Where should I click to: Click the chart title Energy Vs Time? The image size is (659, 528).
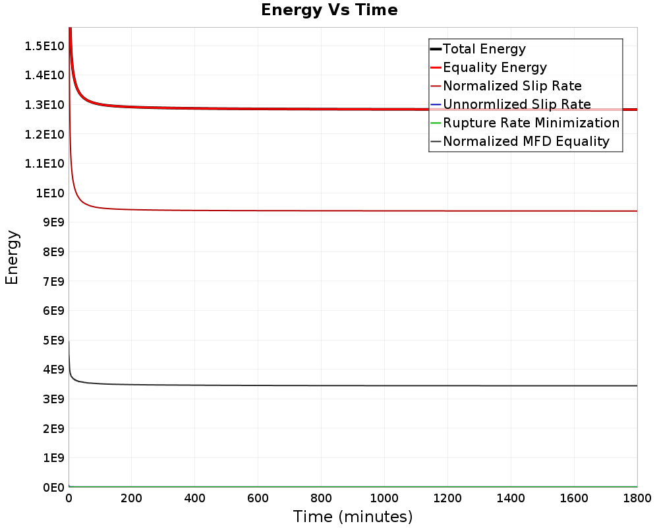(x=329, y=10)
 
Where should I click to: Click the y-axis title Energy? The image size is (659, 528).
(x=11, y=257)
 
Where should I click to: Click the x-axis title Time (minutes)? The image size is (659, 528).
(x=353, y=516)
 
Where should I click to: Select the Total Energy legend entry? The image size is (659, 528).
(x=484, y=49)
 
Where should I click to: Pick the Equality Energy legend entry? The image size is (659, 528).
(x=495, y=67)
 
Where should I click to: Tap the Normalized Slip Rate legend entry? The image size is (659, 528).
(x=512, y=86)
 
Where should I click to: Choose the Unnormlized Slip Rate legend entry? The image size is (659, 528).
(x=517, y=104)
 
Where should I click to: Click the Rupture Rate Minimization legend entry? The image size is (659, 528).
(x=531, y=123)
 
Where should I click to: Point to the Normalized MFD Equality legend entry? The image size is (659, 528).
(x=526, y=141)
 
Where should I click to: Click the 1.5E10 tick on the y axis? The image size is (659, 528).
(x=44, y=46)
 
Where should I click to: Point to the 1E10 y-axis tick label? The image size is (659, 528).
(x=49, y=193)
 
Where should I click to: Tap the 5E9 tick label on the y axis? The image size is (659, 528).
(x=51, y=341)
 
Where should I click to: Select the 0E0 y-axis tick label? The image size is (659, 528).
(x=51, y=488)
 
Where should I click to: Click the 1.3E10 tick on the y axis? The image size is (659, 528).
(x=44, y=104)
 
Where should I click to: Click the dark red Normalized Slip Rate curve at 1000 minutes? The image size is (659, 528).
(x=384, y=211)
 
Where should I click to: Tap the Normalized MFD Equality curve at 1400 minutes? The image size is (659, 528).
(x=511, y=385)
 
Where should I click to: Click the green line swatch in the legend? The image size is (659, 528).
(x=435, y=123)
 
